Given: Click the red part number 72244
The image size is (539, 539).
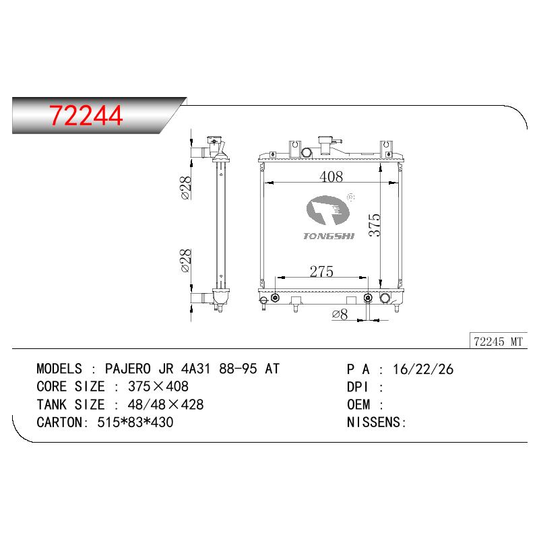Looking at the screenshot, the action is pos(86,115).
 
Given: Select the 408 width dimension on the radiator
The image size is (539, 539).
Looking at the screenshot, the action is pos(331,177).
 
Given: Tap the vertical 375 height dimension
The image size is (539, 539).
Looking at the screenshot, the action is pos(375,225).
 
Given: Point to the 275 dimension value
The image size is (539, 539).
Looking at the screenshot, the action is pos(321,272).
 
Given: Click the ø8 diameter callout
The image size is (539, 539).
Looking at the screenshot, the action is pos(340,314).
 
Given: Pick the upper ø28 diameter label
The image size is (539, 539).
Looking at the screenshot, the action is pos(186,187).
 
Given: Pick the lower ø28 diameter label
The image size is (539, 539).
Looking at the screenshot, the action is pos(186,261).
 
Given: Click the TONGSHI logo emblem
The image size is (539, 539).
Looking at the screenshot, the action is pos(327,210).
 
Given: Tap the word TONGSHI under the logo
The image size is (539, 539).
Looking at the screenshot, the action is pos(329,236).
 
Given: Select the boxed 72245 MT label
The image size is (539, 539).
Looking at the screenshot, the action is pos(498,342).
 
